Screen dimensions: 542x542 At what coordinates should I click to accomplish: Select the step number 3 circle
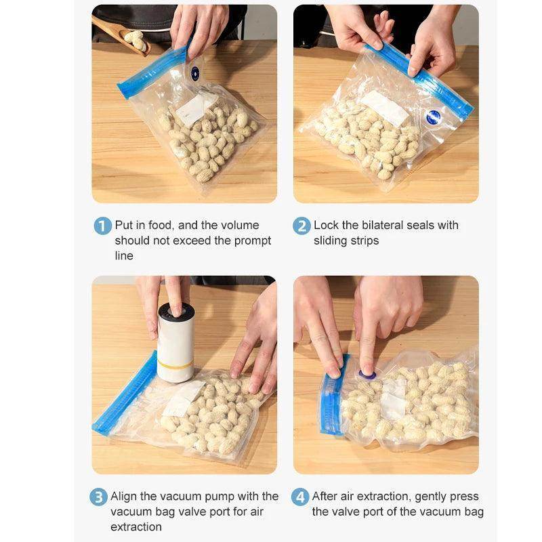point(99,497)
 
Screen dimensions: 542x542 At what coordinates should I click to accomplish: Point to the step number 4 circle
point(300,497)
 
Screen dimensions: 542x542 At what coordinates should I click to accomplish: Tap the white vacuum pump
point(175,343)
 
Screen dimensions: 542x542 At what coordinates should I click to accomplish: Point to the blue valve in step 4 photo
point(367,374)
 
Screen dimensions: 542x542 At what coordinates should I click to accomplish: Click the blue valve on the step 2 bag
point(434,117)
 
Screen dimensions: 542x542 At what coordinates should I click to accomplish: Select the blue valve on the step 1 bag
point(195,74)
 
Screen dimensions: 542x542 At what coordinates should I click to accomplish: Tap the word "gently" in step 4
point(434,497)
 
